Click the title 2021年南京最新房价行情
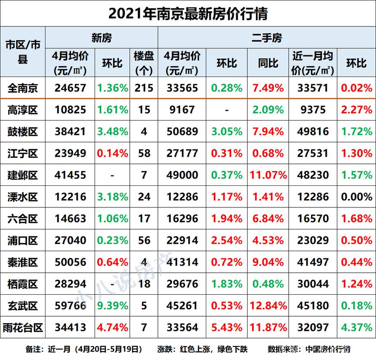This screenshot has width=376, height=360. [188, 13]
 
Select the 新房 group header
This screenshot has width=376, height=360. [101, 38]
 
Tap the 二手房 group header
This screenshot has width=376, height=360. [266, 38]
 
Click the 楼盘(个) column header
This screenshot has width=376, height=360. [144, 63]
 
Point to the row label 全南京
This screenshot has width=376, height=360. [23, 88]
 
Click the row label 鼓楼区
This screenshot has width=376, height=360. [23, 131]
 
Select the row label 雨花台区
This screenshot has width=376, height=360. [23, 328]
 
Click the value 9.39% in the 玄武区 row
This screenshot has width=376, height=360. [112, 306]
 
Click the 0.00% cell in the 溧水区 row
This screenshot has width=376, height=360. [356, 197]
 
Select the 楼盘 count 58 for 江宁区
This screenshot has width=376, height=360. [144, 153]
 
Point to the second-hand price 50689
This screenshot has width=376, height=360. [182, 131]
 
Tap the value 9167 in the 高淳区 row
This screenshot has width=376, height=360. [182, 110]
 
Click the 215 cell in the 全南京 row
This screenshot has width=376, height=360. [144, 88]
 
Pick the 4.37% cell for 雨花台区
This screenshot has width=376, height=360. [356, 328]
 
